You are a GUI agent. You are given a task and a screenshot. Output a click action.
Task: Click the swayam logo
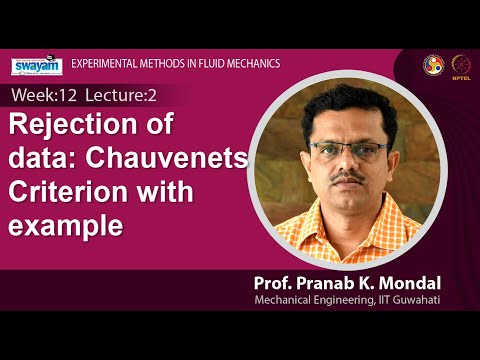pos(37,65)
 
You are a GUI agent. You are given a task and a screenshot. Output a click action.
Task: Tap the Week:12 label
pos(39,96)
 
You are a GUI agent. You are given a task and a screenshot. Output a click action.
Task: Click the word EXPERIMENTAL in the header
pos(109,64)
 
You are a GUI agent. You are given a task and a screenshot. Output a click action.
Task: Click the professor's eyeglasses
pos(349,151)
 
